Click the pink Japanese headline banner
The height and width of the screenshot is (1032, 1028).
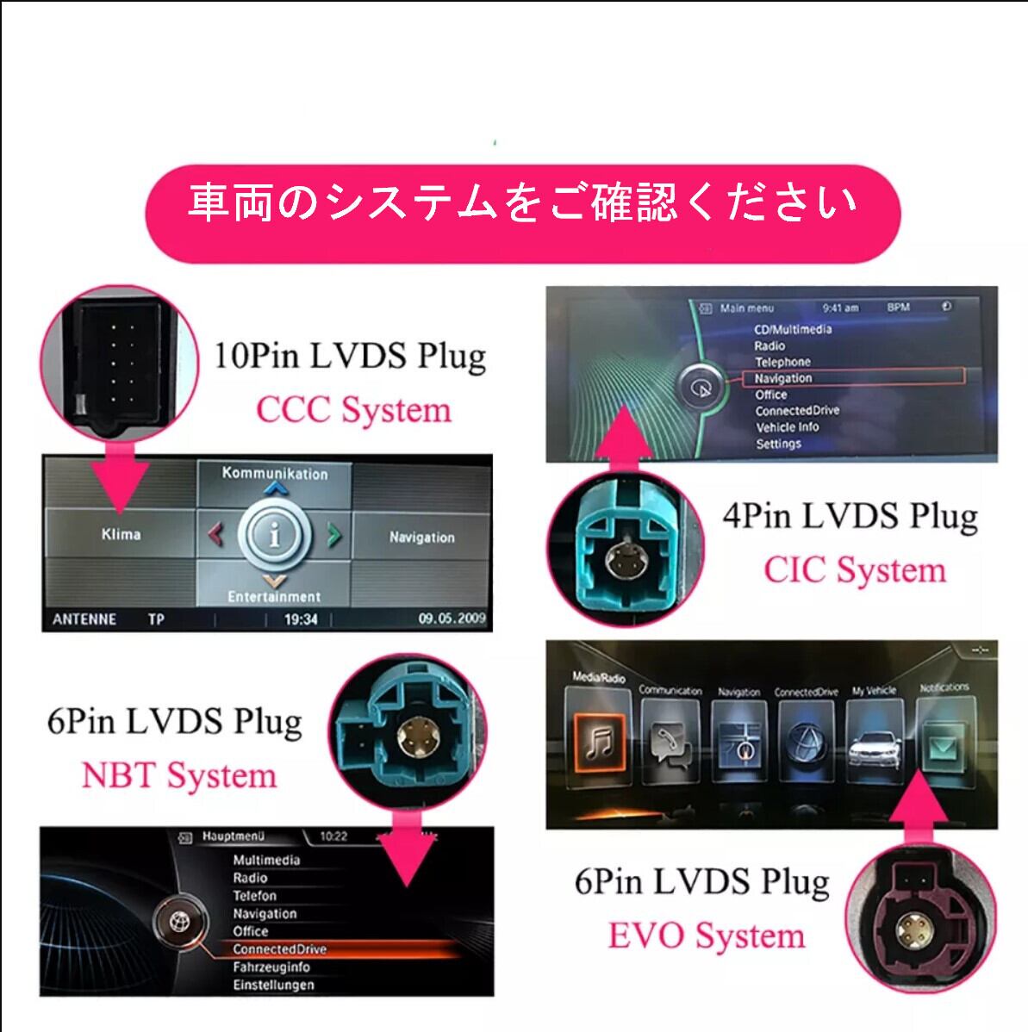[x=522, y=205]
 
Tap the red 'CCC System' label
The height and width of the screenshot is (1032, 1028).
[x=353, y=410]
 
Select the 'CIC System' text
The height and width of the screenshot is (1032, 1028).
[x=854, y=570]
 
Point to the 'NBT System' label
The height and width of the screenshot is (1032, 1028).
[x=179, y=775]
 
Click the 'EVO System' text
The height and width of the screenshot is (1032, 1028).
[x=706, y=936]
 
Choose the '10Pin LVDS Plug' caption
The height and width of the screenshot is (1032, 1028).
[x=350, y=355]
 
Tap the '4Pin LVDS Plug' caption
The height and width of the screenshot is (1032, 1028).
[x=850, y=516]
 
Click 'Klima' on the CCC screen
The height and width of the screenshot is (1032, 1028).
[x=121, y=534]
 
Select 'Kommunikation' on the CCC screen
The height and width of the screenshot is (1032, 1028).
[x=275, y=473]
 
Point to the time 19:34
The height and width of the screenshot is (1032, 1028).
[x=301, y=619]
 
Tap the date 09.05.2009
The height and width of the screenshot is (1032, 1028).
[x=452, y=619]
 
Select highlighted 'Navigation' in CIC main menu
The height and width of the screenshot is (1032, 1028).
[x=783, y=378]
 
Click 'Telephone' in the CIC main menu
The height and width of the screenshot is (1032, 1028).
[x=782, y=362]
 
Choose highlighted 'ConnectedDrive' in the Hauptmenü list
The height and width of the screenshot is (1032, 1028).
[x=279, y=949]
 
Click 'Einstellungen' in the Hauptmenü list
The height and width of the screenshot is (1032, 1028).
[x=273, y=985]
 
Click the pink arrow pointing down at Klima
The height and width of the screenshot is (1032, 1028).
[x=118, y=482]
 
